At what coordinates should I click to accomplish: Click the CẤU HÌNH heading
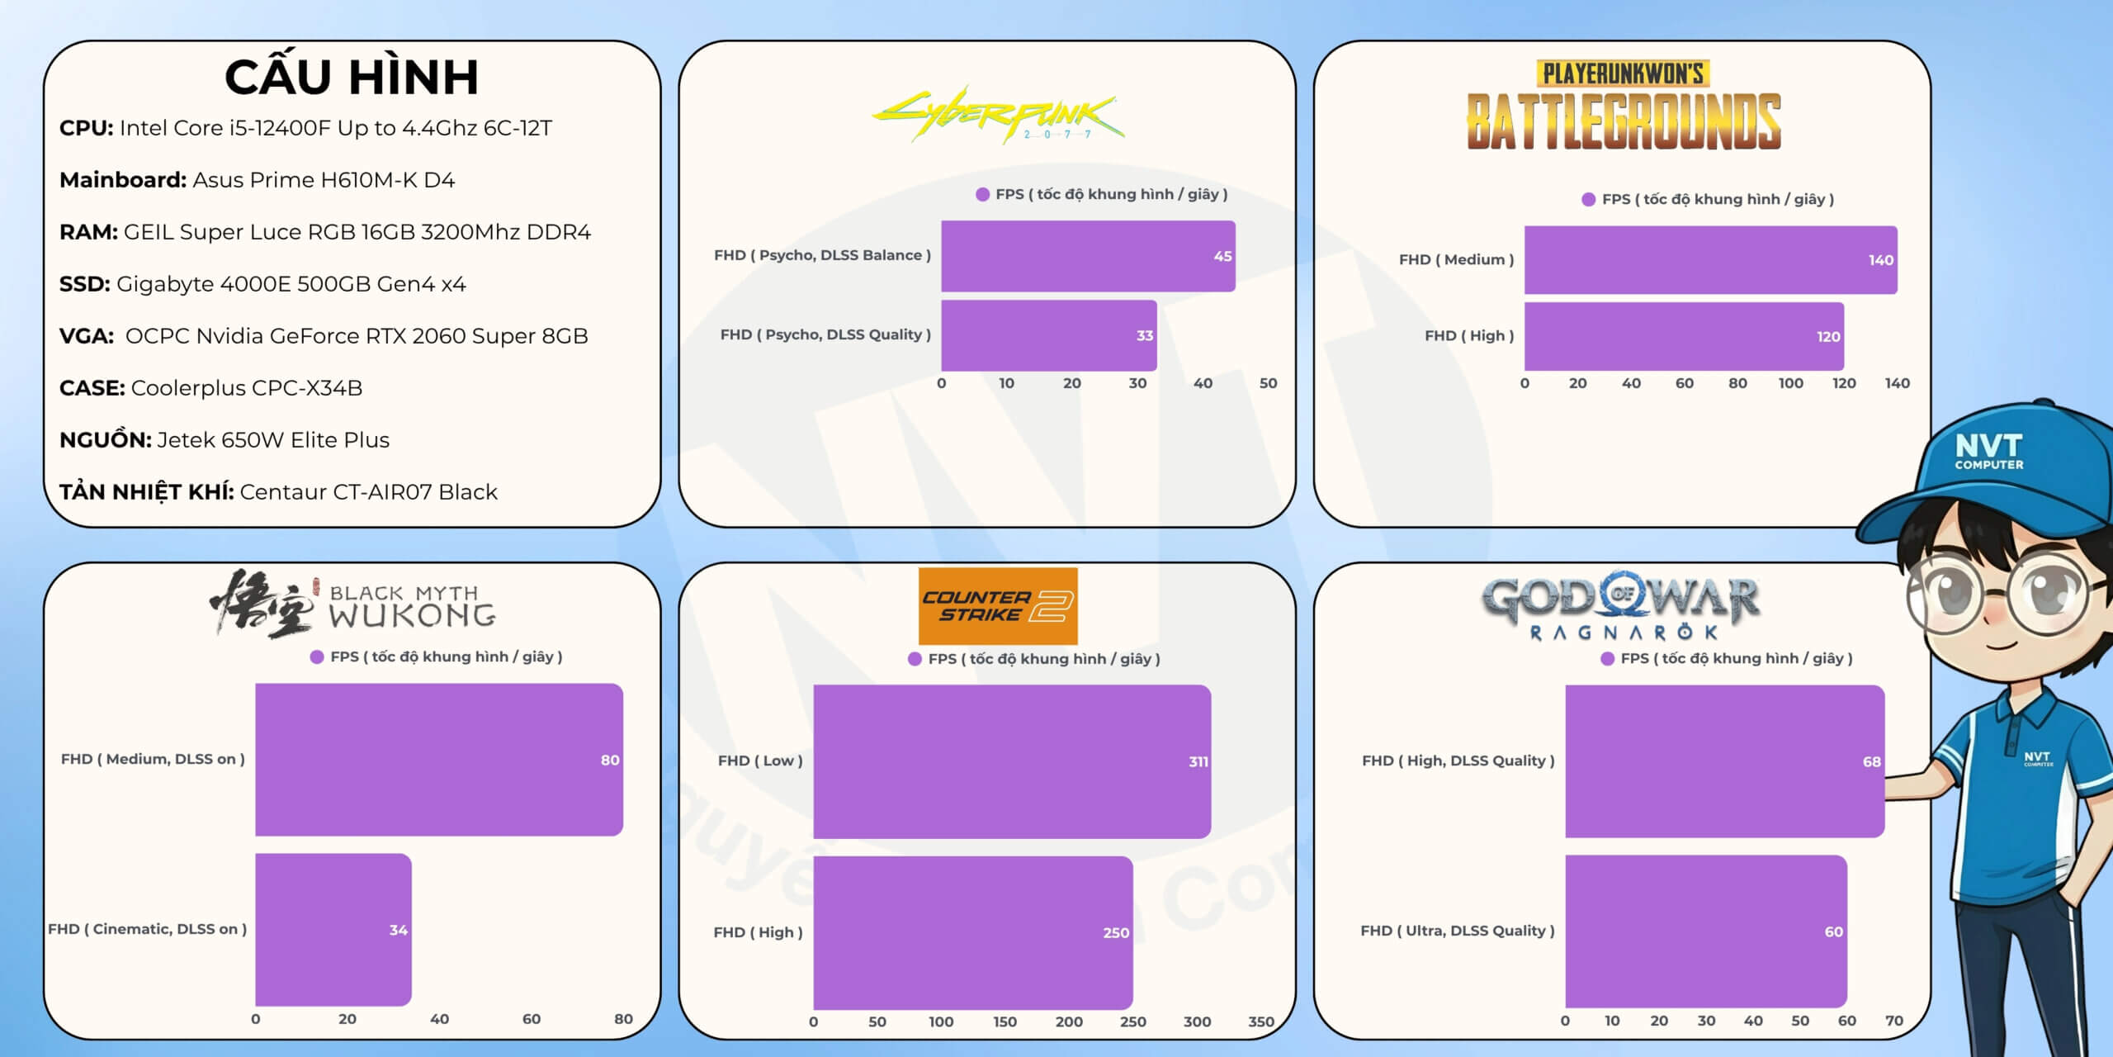(352, 77)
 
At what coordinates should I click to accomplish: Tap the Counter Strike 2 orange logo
(997, 606)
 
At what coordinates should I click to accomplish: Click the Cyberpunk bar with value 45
(1087, 256)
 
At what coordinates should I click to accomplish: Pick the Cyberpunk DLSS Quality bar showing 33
(1048, 335)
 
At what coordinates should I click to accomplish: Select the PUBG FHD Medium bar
(1709, 260)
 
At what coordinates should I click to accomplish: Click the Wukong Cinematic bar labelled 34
(333, 930)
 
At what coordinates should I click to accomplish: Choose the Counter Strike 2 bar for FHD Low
(1011, 761)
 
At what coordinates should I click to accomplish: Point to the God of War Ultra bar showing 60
(1705, 931)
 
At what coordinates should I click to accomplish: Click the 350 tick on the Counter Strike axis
(1260, 1021)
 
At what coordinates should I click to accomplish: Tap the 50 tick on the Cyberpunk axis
(1268, 383)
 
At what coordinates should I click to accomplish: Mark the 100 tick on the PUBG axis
(1790, 383)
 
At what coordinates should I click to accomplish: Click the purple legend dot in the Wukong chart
(317, 657)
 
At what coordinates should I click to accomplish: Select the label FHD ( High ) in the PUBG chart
(1468, 336)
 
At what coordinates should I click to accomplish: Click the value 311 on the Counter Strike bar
(1198, 761)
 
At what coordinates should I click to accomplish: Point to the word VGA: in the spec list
(87, 336)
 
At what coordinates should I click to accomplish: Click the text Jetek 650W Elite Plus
(273, 440)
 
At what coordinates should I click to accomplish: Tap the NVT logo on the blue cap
(1988, 451)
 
